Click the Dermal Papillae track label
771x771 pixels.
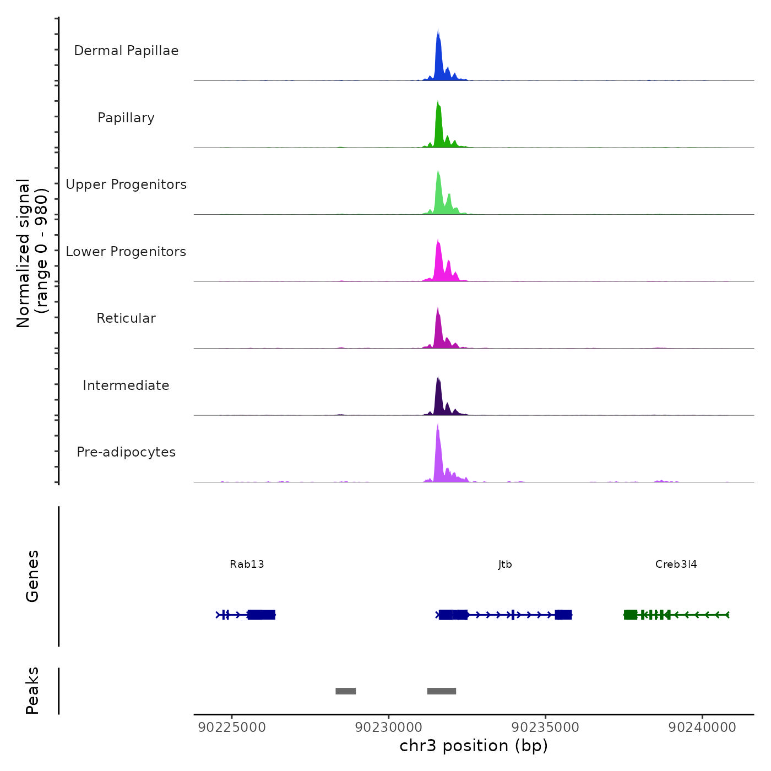pyautogui.click(x=126, y=51)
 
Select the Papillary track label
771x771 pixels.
pyautogui.click(x=126, y=118)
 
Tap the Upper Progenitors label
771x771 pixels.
pyautogui.click(x=126, y=184)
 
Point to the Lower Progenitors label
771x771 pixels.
pyautogui.click(x=126, y=252)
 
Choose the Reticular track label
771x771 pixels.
pyautogui.click(x=126, y=318)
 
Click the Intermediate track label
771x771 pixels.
pyautogui.click(x=126, y=385)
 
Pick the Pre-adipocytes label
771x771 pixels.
pyautogui.click(x=126, y=452)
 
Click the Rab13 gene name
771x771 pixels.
pyautogui.click(x=247, y=564)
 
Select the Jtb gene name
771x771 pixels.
pyautogui.click(x=505, y=564)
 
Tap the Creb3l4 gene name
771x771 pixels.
pyautogui.click(x=676, y=564)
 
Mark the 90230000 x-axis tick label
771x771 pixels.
pyautogui.click(x=389, y=727)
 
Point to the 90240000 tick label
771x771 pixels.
pyautogui.click(x=702, y=727)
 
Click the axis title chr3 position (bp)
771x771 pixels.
pyautogui.click(x=474, y=746)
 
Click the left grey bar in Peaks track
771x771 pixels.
pyautogui.click(x=346, y=691)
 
